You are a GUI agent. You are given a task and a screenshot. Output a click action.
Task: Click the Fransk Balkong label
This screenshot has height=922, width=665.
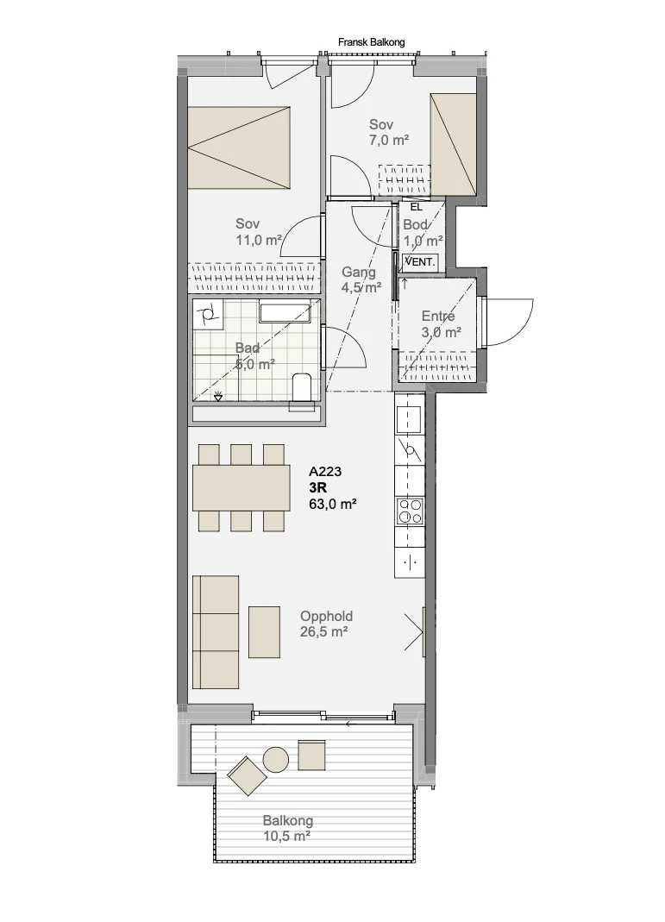pyautogui.click(x=371, y=42)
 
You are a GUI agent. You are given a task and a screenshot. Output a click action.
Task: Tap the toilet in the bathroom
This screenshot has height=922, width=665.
pyautogui.click(x=302, y=386)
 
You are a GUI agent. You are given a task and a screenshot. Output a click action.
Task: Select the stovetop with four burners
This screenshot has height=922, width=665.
pyautogui.click(x=409, y=511)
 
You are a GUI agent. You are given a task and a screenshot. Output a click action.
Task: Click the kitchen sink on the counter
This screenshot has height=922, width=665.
pyautogui.click(x=409, y=418)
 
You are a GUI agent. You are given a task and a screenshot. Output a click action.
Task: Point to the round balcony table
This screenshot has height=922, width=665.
pyautogui.click(x=275, y=759)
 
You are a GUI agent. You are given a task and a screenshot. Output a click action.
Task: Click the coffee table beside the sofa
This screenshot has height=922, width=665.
pyautogui.click(x=264, y=632)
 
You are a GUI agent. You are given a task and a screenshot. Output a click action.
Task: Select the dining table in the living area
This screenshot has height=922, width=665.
pyautogui.click(x=241, y=487)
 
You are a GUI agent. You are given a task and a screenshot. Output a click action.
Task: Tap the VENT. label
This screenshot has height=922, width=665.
pyautogui.click(x=420, y=261)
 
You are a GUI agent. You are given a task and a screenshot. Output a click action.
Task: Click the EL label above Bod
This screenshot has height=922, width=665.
pyautogui.click(x=417, y=207)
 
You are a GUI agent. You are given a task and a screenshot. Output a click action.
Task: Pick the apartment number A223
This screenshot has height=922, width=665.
pyautogui.click(x=325, y=472)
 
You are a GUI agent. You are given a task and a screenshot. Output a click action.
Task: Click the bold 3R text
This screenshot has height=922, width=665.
pyautogui.click(x=317, y=487)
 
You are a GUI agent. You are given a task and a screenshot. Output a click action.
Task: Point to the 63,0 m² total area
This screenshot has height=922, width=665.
pyautogui.click(x=333, y=504)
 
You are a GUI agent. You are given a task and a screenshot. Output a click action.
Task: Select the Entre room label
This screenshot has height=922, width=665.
pyautogui.click(x=438, y=317)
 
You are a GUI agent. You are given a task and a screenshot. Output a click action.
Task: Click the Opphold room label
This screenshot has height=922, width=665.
pyautogui.click(x=326, y=616)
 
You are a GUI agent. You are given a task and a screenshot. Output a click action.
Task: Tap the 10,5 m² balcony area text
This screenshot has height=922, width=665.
pyautogui.click(x=287, y=836)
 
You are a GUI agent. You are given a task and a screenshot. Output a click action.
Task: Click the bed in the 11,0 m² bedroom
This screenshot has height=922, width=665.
pyautogui.click(x=239, y=147)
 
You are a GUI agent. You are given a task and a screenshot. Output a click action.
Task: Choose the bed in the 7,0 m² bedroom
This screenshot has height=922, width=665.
pyautogui.click(x=453, y=144)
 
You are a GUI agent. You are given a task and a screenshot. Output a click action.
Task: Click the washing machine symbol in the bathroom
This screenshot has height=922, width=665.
pyautogui.click(x=208, y=315)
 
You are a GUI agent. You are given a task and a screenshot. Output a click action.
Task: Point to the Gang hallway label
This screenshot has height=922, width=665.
pyautogui.click(x=359, y=273)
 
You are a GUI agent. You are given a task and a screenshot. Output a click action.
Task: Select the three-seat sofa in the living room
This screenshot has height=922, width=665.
pyautogui.click(x=216, y=632)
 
